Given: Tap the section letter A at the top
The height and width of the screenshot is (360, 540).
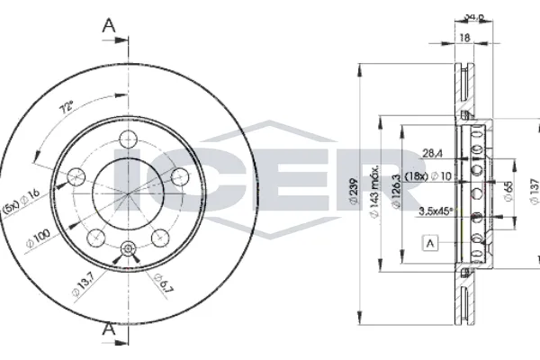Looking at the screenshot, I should [110, 27].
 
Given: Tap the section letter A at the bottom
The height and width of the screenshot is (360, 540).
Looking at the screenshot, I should [110, 331].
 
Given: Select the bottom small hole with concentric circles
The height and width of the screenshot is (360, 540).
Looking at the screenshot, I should [127, 249].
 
